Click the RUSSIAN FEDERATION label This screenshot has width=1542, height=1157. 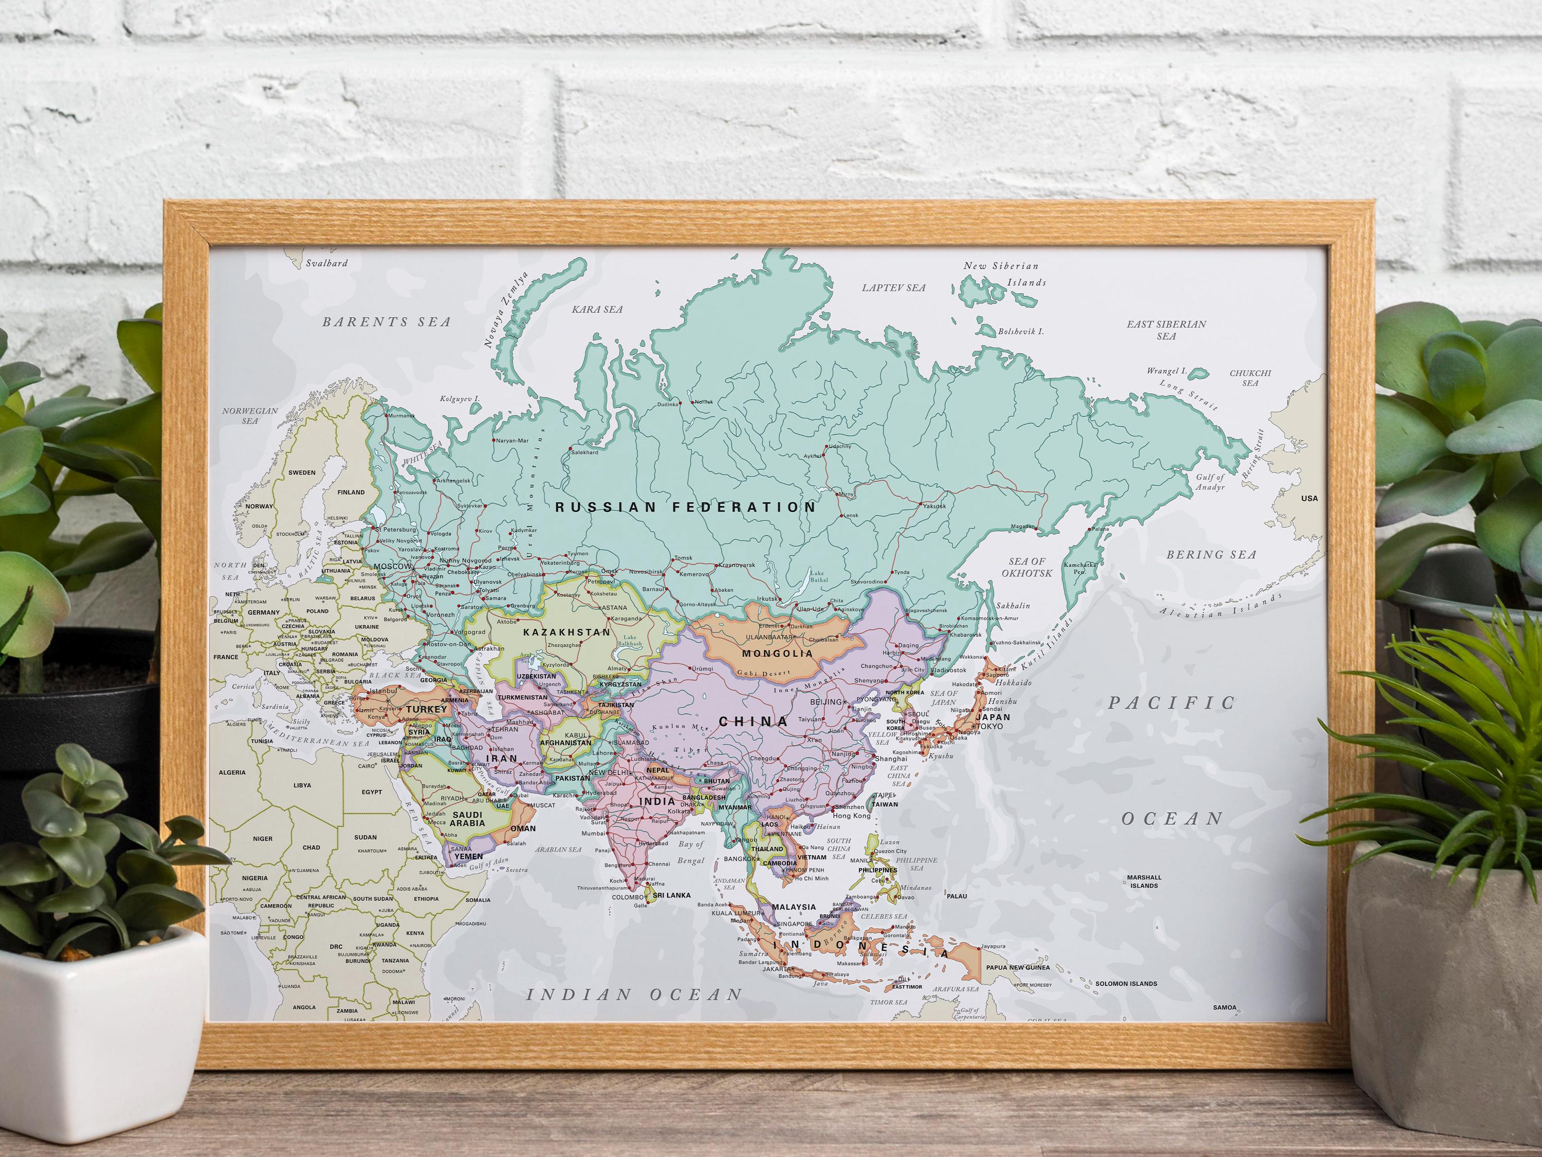coord(685,507)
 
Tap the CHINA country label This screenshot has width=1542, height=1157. coord(754,721)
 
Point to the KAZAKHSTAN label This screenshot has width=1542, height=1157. coord(566,632)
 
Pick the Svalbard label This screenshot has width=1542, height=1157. coord(326,264)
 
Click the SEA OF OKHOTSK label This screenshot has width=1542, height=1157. coord(1027,567)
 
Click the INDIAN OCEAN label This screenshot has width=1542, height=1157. coord(634,995)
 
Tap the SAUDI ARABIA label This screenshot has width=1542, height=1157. coord(467,819)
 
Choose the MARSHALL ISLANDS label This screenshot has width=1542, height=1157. coord(1144,881)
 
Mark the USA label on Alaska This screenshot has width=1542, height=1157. coord(1309,498)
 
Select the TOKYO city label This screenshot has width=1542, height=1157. coord(990,726)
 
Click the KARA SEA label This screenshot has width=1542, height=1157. coord(597,309)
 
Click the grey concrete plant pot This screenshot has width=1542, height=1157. coord(1443,963)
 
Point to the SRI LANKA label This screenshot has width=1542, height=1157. coord(671,895)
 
